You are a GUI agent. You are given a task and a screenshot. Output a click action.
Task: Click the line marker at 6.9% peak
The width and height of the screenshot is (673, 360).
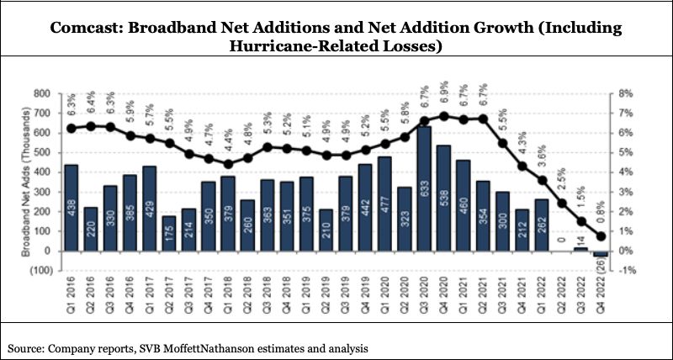[x=445, y=116]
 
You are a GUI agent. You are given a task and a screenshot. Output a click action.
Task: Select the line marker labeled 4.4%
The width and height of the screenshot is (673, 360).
[x=228, y=164]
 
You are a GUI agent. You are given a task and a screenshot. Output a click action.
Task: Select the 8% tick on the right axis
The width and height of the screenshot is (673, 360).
[x=626, y=93]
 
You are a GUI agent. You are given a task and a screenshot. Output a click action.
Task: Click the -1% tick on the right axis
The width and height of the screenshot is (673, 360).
[x=628, y=271]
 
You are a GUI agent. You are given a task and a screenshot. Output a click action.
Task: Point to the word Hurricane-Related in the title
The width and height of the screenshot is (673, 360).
[x=290, y=47]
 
